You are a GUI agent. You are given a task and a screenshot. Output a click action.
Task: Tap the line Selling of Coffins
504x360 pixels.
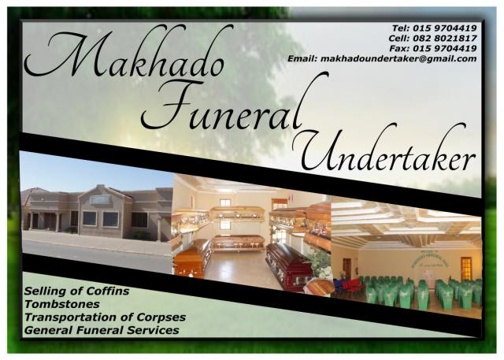76,291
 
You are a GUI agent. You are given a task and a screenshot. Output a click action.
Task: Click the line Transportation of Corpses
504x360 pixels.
105,317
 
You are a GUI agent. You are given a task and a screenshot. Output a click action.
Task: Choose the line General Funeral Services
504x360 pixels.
102,329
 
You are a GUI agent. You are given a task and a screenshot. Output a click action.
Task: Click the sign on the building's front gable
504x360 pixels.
100,200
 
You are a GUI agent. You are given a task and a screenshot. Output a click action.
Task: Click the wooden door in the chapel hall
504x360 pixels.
466,268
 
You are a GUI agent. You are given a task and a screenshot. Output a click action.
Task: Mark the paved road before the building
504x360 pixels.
94,256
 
